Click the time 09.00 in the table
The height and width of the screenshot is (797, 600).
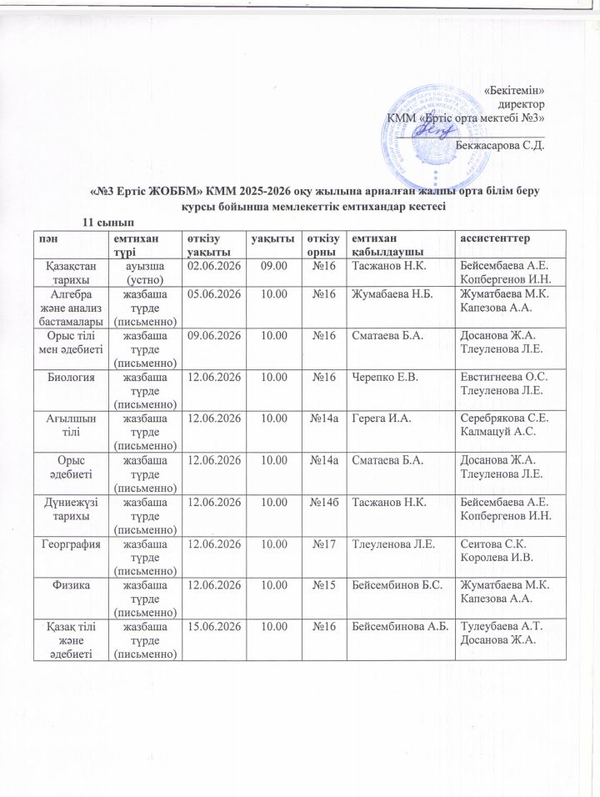[274, 265]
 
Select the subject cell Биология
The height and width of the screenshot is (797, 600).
[71, 377]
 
